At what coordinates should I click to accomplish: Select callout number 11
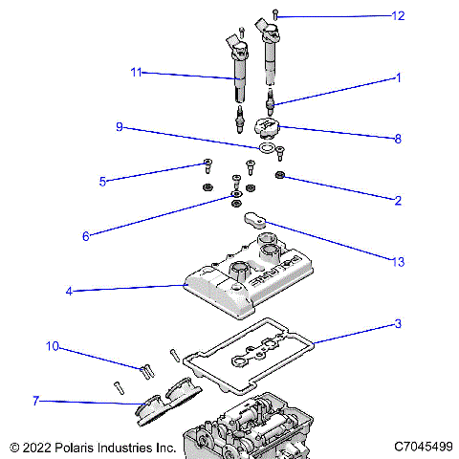136,72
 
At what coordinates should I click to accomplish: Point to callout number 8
398,138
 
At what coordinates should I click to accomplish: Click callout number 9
120,127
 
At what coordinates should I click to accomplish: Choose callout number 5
102,181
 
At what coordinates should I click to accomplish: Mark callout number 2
398,200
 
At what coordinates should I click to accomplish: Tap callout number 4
69,291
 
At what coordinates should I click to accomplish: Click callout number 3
398,325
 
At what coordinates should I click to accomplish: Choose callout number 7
35,401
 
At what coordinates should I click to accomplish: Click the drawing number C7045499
423,447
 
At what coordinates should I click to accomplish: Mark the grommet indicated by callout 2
280,176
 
